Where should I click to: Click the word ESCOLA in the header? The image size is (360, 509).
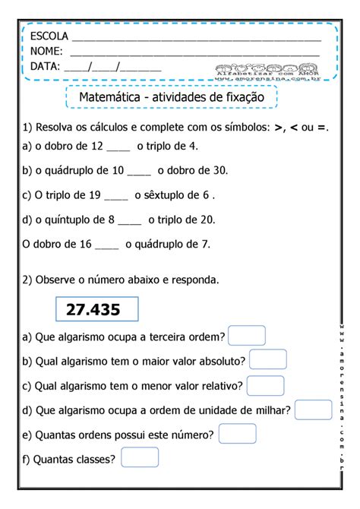[49, 36]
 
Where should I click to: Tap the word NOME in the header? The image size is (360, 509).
[47, 51]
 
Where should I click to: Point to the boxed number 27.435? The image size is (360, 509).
[97, 309]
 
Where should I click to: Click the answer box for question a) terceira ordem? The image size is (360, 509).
[247, 336]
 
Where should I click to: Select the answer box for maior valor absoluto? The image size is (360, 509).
[267, 360]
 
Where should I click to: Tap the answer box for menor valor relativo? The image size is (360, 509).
[267, 385]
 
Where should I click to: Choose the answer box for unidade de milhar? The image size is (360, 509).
[313, 410]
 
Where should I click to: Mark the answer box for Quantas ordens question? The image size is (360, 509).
[237, 434]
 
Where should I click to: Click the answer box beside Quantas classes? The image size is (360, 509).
[140, 457]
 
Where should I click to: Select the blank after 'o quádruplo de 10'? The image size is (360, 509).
[140, 171]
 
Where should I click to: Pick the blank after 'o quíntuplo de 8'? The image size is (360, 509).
[130, 220]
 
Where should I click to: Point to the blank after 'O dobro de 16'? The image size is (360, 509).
[107, 245]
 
